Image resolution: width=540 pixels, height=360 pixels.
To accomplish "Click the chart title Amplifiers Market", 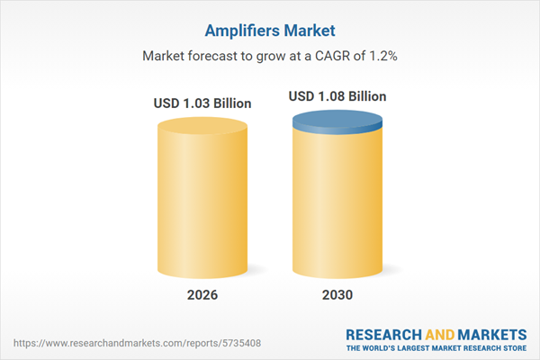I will point(270,29).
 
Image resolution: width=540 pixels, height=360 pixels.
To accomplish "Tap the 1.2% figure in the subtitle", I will point(382,56).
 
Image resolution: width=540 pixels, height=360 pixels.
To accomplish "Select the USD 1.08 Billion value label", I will point(337,95).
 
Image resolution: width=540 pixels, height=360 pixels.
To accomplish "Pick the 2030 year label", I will point(337,295).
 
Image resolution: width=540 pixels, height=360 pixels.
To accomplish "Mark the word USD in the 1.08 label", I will point(302,95).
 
